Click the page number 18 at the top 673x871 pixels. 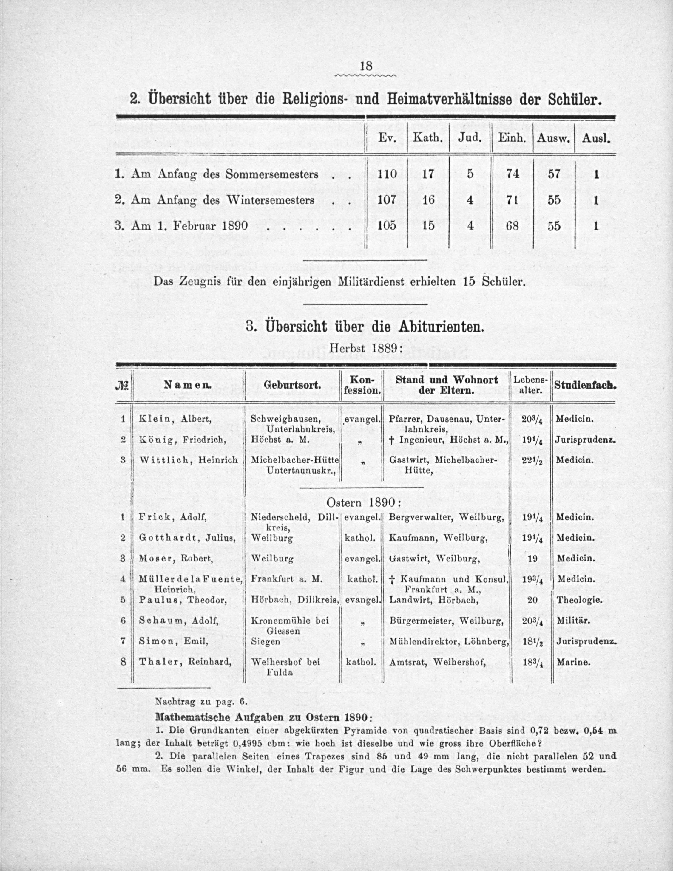(366, 66)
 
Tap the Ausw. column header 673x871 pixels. (553, 139)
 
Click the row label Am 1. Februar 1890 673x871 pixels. (181, 226)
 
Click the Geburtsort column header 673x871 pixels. (292, 386)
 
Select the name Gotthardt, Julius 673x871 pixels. (187, 538)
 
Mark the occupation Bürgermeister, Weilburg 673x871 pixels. (446, 621)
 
